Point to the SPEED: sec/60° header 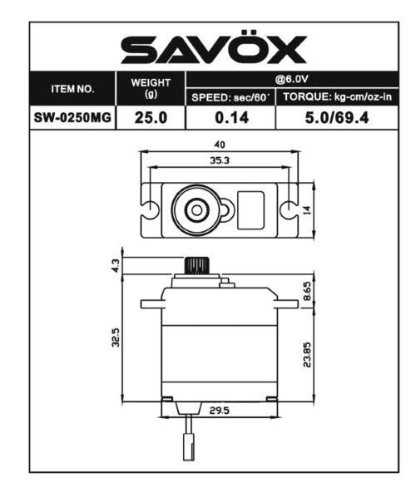click(x=230, y=97)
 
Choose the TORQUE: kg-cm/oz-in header click(x=337, y=97)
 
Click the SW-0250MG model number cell click(x=72, y=117)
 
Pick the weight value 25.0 click(x=151, y=117)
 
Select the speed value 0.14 click(x=230, y=117)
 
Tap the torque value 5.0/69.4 click(x=337, y=117)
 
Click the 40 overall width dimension click(x=220, y=144)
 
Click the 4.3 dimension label click(x=116, y=266)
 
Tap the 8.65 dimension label click(x=307, y=292)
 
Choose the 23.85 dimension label click(x=307, y=352)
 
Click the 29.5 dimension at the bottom click(x=220, y=410)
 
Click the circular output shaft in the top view click(x=196, y=209)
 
